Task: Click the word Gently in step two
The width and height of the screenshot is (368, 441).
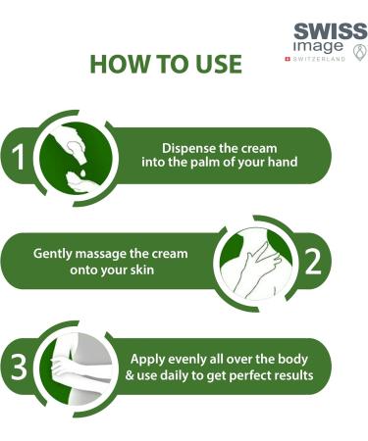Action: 56,253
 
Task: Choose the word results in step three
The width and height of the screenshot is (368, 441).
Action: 298,375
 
